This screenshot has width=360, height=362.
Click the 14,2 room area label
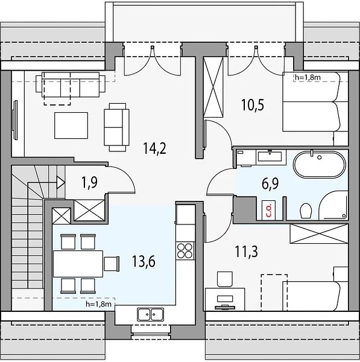tap(154, 148)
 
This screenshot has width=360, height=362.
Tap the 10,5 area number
tap(253, 104)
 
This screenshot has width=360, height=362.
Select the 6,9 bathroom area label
tap(270, 183)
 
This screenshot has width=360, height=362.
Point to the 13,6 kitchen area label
tap(144, 261)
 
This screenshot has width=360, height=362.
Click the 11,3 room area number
tap(246, 252)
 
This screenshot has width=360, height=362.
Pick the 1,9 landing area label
tap(90, 182)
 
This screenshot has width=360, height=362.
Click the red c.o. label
tap(268, 210)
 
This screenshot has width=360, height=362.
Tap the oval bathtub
tap(320, 164)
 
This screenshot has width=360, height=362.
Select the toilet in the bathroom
tap(306, 211)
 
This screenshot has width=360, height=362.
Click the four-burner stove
tap(185, 250)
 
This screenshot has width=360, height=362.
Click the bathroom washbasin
tap(270, 156)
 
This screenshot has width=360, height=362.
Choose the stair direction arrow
tap(61, 182)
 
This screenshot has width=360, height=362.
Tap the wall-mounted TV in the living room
tap(15, 120)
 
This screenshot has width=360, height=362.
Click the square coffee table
tap(71, 125)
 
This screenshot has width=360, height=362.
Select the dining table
tap(78, 264)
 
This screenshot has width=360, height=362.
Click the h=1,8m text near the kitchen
tap(98, 304)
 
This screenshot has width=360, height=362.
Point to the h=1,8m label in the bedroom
tap(308, 77)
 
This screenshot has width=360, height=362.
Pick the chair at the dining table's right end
tap(112, 264)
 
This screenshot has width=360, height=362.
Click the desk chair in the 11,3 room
tap(224, 279)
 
